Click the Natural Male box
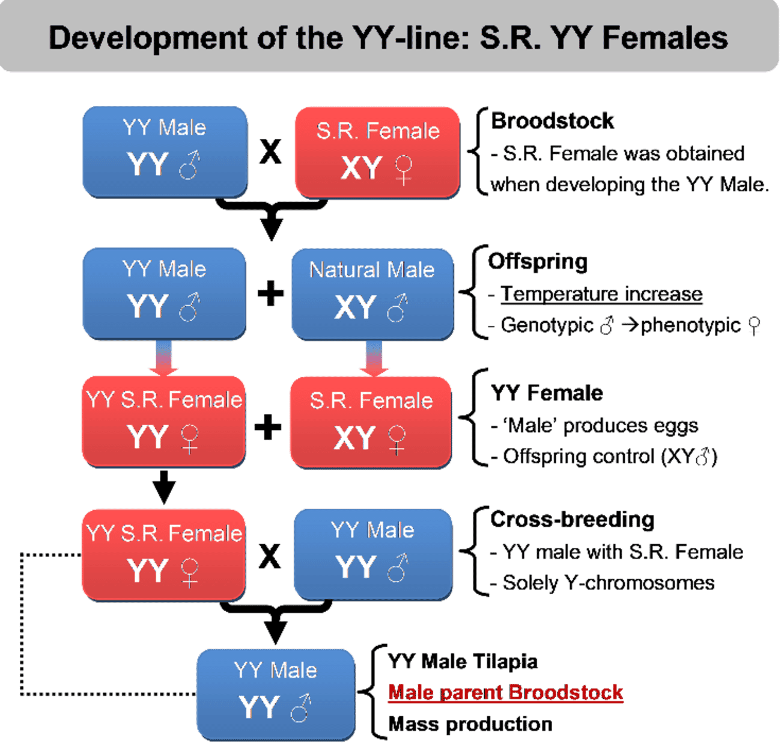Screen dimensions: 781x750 point(372,294)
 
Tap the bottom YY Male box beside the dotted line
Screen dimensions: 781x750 point(276,695)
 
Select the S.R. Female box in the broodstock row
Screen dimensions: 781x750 point(378,153)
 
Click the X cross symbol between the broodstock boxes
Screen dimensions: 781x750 point(270,152)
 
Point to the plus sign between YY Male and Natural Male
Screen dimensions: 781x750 point(270,293)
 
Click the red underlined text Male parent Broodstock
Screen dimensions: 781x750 point(506,692)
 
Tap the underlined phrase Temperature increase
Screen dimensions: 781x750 point(601,294)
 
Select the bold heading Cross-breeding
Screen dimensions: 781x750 point(573,520)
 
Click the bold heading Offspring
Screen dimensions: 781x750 point(538,262)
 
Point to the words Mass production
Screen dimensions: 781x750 point(470,724)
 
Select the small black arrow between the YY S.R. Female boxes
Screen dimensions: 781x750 point(164,487)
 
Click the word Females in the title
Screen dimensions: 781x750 point(665,38)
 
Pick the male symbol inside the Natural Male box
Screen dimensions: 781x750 point(397,308)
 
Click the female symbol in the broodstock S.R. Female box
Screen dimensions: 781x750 point(403,170)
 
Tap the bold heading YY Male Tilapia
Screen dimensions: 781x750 point(463,662)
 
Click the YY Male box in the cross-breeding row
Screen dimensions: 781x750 point(373,555)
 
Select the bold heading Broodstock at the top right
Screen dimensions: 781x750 point(552,121)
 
